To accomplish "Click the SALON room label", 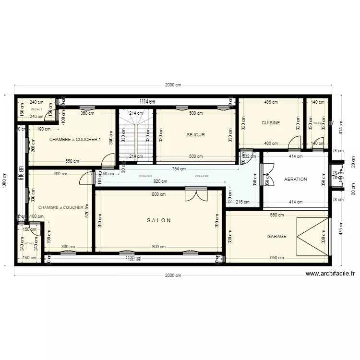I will tap(159, 221).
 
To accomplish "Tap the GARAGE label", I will tap(276, 237).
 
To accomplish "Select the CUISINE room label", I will tap(270, 123).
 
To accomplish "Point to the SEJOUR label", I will tap(196, 135).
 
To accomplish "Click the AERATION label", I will tap(295, 180).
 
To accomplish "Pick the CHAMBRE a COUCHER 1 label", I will tap(75, 140).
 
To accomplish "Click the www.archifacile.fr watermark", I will tap(331, 274).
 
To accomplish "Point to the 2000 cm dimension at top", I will tap(173, 85).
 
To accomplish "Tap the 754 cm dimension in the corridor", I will tap(180, 168).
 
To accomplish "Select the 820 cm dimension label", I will tap(160, 181).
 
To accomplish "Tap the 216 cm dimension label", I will tap(242, 202).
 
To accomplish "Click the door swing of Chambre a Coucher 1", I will tap(108, 159).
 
